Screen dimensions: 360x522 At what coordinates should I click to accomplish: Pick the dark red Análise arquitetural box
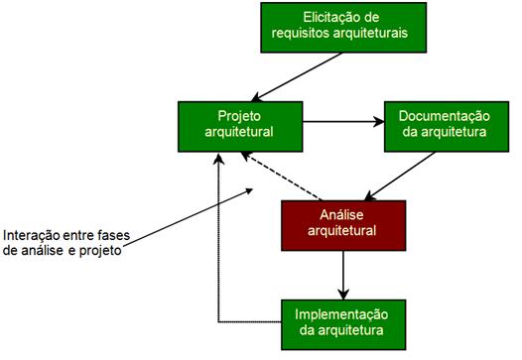[x=343, y=224]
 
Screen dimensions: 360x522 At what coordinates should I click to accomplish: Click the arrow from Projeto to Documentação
[x=343, y=123]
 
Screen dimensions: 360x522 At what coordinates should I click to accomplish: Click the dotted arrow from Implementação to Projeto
[x=218, y=258]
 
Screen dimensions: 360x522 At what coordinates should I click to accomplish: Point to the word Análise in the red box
[x=343, y=215]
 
